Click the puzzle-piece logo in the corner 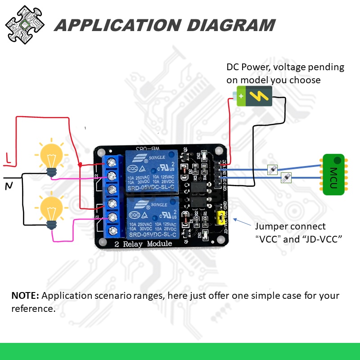click(25, 24)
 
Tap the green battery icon click(254, 96)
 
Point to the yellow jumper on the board click(220, 217)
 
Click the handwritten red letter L click(8, 158)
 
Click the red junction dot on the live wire click(80, 165)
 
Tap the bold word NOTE click(25, 296)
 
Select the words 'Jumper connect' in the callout click(290, 226)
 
